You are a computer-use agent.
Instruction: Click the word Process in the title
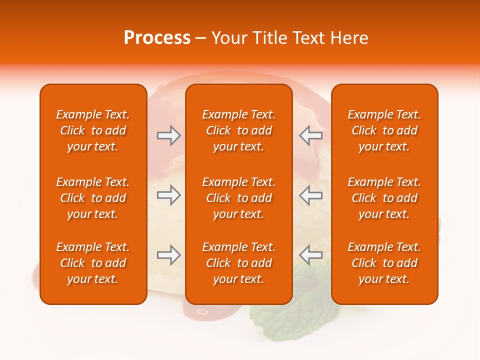pos(157,38)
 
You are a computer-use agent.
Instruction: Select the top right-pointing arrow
pos(168,135)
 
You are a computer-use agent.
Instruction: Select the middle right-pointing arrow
pos(168,195)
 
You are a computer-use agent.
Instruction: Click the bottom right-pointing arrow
pos(168,255)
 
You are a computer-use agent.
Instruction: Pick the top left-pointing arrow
pos(310,135)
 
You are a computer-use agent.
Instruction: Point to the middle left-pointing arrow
pos(310,195)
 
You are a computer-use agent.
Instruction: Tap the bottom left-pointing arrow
pos(310,255)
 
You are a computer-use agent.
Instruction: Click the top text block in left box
pos(93,130)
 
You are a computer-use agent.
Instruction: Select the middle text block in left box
pos(93,198)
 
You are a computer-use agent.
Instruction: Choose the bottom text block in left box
pos(93,263)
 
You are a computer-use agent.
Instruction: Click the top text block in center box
pos(238,130)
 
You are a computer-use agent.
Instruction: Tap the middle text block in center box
pos(238,198)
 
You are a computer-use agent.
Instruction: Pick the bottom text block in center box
pos(238,263)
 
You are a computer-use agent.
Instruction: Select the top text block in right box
pos(384,130)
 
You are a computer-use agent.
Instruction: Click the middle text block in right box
pos(384,198)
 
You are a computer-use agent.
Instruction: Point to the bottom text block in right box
pos(384,263)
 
